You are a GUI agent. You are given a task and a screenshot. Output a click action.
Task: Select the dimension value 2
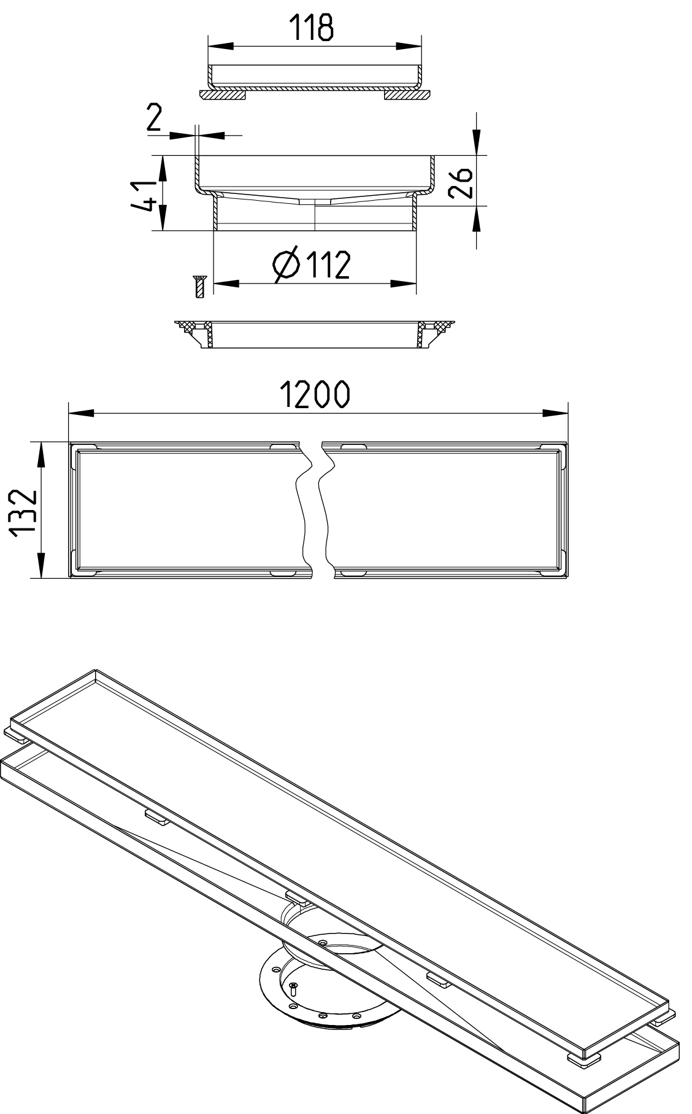click(153, 118)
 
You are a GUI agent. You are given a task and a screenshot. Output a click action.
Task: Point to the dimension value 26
click(460, 182)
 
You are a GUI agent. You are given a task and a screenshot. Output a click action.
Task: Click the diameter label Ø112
click(312, 265)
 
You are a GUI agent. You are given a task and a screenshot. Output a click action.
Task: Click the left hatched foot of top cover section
click(223, 95)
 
